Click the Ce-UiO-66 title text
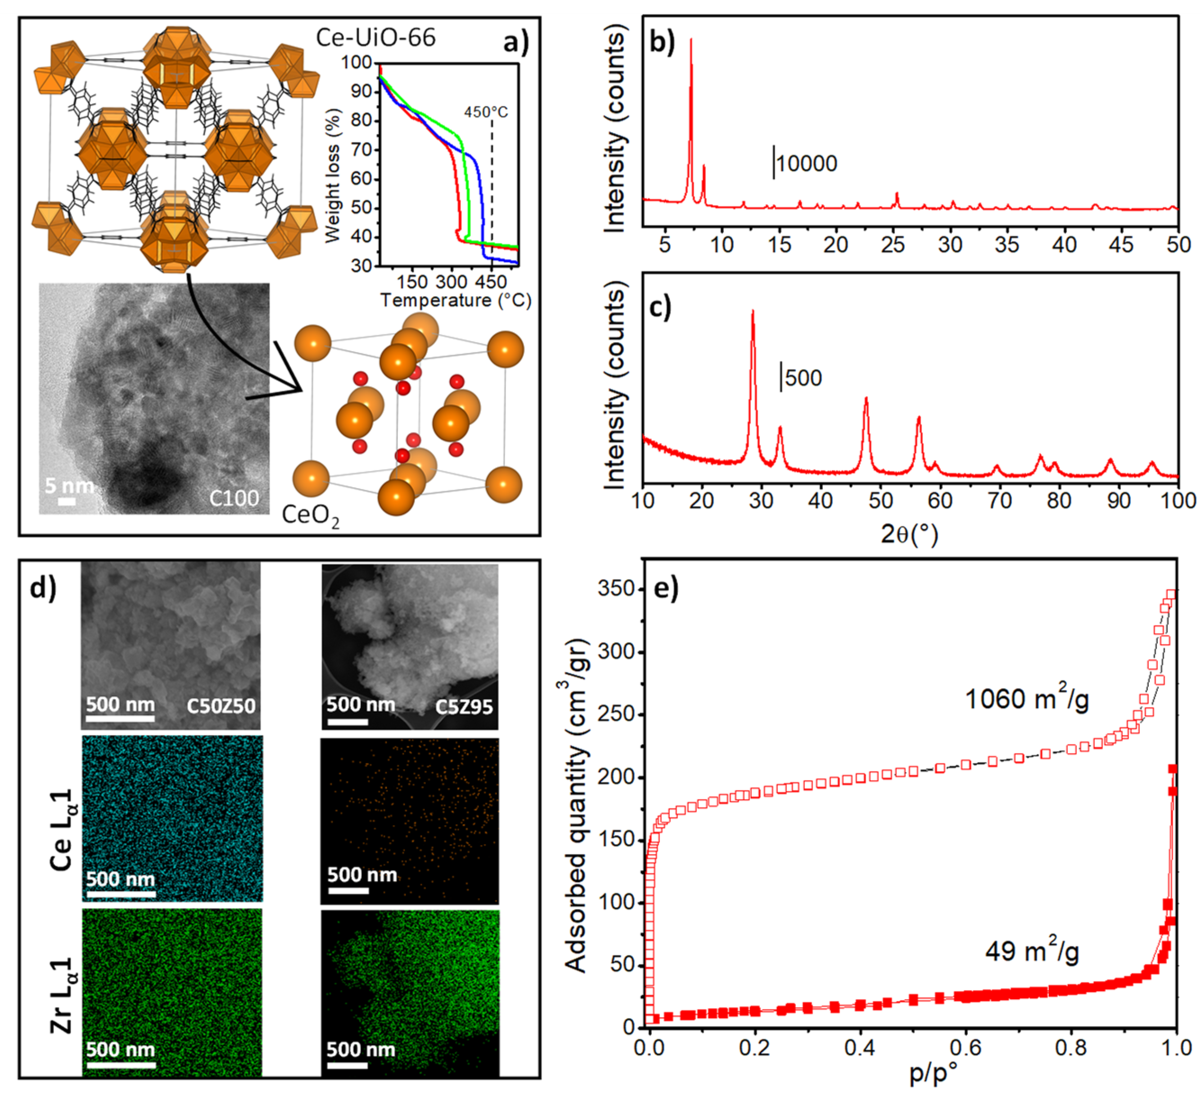tap(375, 37)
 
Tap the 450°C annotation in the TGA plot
tap(486, 112)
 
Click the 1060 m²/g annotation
tap(1027, 699)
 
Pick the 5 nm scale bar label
tap(69, 486)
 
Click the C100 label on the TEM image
tap(234, 497)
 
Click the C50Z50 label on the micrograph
tap(221, 706)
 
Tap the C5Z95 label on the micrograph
tap(463, 707)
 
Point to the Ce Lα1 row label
tap(61, 830)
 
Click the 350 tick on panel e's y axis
tap(616, 589)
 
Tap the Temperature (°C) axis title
tap(456, 300)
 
